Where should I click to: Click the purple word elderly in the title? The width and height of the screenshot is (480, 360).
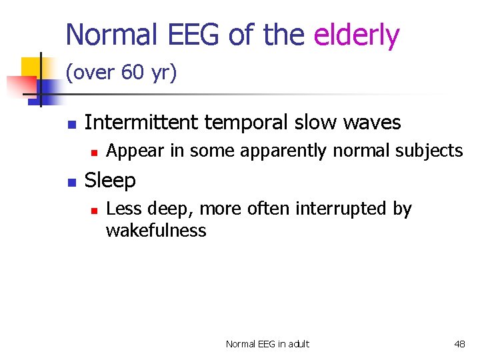(357, 35)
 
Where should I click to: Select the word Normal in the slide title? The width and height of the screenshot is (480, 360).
(110, 35)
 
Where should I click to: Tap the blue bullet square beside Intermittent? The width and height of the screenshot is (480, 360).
(70, 124)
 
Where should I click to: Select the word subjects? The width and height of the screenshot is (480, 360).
(429, 151)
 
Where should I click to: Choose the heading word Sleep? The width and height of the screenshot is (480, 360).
(110, 181)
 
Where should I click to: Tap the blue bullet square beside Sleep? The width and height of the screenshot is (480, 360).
(70, 181)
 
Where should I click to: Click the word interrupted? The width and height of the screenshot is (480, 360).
(343, 209)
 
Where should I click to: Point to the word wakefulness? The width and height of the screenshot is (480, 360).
(156, 231)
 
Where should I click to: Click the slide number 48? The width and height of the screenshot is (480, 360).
(459, 344)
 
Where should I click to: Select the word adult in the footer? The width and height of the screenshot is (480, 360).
(297, 344)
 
